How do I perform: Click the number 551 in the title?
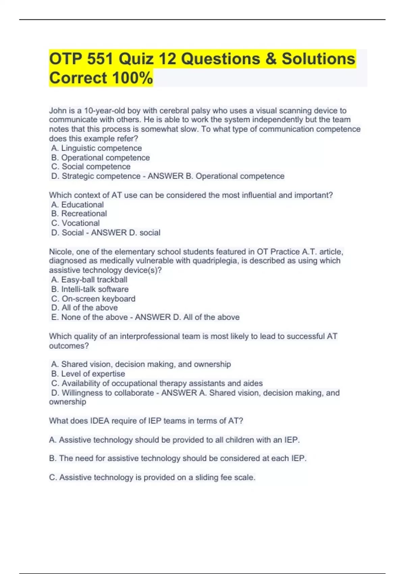click(x=100, y=59)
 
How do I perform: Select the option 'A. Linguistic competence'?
click(x=97, y=148)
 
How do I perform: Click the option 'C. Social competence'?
click(x=91, y=167)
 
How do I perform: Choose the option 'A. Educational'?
click(x=78, y=205)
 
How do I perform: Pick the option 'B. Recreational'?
click(x=79, y=214)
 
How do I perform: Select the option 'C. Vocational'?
click(x=76, y=223)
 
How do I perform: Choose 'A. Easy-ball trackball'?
click(x=89, y=280)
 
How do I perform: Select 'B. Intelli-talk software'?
click(x=90, y=289)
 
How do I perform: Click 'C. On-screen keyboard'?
click(x=93, y=299)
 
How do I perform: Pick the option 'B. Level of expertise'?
click(x=88, y=374)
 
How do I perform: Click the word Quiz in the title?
click(x=136, y=59)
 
